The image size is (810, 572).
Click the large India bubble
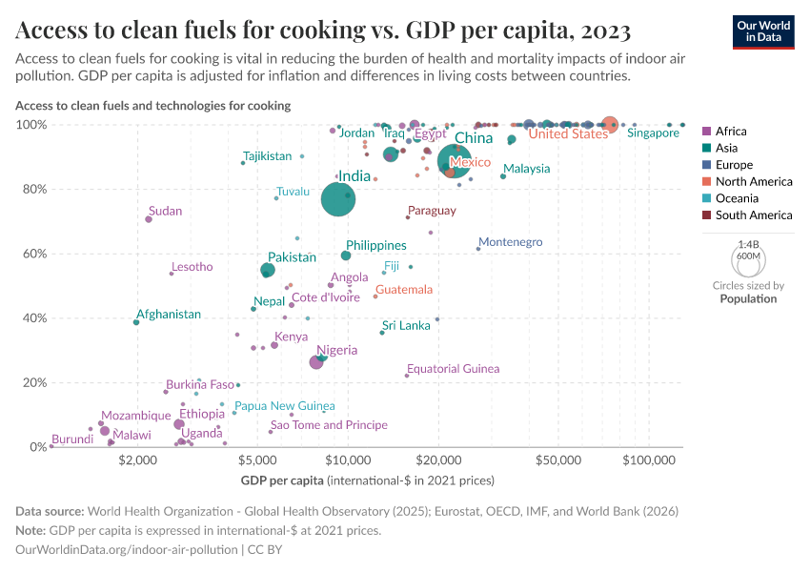[337, 199]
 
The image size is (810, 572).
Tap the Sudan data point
[149, 219]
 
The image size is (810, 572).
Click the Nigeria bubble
[316, 362]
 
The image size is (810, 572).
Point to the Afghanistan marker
[136, 322]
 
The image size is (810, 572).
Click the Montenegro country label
[510, 242]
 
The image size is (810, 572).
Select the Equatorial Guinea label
[453, 369]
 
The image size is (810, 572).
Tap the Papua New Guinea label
[284, 406]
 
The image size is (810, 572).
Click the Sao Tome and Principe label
[329, 425]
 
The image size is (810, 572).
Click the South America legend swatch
[706, 215]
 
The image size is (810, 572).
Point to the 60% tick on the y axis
[34, 254]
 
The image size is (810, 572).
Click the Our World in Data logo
[763, 31]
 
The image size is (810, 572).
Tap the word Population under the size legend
[748, 298]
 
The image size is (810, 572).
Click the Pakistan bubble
[268, 271]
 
